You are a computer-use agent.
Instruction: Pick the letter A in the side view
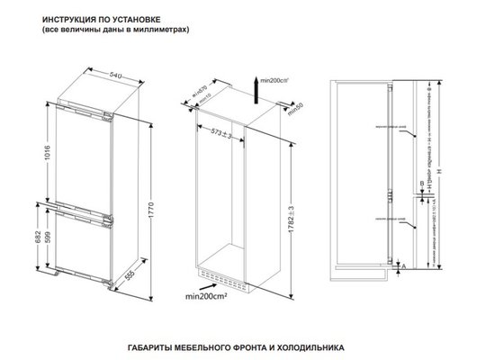coord(408,266)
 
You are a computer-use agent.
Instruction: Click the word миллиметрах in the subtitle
coord(159,30)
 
